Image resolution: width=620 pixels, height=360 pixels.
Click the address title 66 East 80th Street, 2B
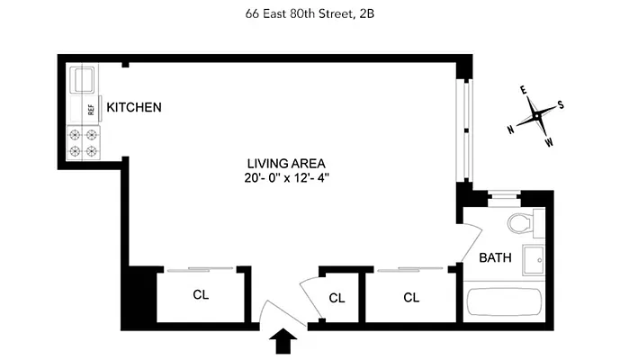tap(310, 13)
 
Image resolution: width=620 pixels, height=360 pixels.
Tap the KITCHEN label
tap(134, 108)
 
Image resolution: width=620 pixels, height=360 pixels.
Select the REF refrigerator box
tap(90, 109)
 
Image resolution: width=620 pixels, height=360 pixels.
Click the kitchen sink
tap(83, 79)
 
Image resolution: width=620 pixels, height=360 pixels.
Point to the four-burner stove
tap(83, 143)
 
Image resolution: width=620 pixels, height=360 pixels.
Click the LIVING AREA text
tap(286, 164)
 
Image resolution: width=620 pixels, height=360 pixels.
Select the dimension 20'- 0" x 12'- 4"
tap(286, 178)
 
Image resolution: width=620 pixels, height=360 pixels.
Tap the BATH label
tap(495, 257)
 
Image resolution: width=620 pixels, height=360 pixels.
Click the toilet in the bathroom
tap(521, 223)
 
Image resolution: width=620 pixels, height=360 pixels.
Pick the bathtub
tap(503, 303)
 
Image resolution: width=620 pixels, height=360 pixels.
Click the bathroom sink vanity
tap(534, 258)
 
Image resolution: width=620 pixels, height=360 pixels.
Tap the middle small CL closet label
tap(337, 298)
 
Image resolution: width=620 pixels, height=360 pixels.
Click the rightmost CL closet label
tap(411, 296)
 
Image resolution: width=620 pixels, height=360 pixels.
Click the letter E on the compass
tap(523, 90)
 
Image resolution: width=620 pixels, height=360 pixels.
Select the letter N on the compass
tap(511, 130)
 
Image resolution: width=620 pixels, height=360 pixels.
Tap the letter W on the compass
tap(549, 142)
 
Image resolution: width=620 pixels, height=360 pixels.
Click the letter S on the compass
tap(561, 103)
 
